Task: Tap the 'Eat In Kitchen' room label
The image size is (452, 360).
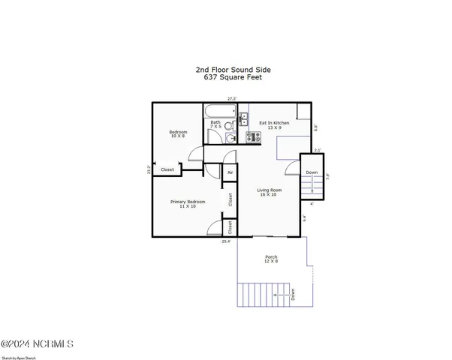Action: click(x=274, y=122)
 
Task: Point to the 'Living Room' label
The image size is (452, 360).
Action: click(x=270, y=190)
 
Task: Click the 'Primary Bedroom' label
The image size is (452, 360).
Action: click(x=187, y=202)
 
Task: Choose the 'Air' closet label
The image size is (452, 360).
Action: click(x=230, y=172)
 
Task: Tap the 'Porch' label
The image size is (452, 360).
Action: click(x=271, y=257)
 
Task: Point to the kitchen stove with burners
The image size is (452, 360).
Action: click(x=252, y=136)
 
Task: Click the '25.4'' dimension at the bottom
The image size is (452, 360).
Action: click(x=226, y=241)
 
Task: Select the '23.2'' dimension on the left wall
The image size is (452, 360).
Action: click(x=149, y=170)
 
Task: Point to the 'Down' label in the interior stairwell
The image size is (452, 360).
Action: click(x=311, y=173)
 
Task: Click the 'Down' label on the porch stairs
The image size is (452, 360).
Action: click(x=293, y=294)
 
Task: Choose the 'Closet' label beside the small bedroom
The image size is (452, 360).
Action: click(x=167, y=169)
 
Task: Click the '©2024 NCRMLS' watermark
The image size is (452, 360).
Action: click(x=37, y=344)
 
